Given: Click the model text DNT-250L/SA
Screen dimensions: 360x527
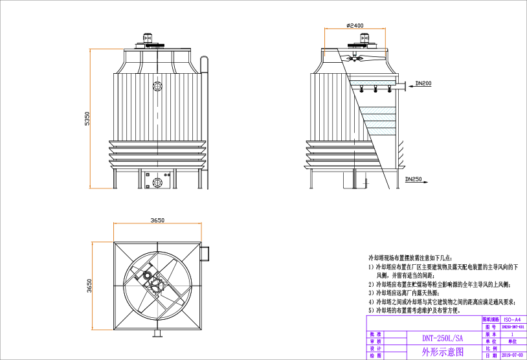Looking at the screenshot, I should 443,338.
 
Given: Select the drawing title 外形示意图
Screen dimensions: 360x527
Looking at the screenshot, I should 443,352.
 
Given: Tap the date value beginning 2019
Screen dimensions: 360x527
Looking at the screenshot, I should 512,355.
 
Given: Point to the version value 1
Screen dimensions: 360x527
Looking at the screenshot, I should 512,334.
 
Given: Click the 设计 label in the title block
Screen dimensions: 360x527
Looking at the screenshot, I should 376,348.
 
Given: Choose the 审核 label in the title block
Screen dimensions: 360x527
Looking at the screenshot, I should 376,341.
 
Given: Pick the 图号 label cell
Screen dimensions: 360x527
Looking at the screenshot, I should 491,327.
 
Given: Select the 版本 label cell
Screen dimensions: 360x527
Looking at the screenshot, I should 491,334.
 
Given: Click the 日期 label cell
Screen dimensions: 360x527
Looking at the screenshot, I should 491,355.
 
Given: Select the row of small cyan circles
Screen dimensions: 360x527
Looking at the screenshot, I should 373,83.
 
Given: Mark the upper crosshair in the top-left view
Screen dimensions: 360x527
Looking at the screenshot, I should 157,86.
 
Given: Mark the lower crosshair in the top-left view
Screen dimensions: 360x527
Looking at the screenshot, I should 157,183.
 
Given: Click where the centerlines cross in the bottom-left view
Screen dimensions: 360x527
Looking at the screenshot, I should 157,286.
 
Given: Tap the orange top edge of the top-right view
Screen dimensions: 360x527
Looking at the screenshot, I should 355,28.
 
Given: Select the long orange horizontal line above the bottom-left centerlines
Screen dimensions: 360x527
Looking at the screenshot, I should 157,223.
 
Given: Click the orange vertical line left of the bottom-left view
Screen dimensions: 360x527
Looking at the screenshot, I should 93,286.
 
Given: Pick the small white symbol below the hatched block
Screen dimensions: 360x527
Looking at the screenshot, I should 366,183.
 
